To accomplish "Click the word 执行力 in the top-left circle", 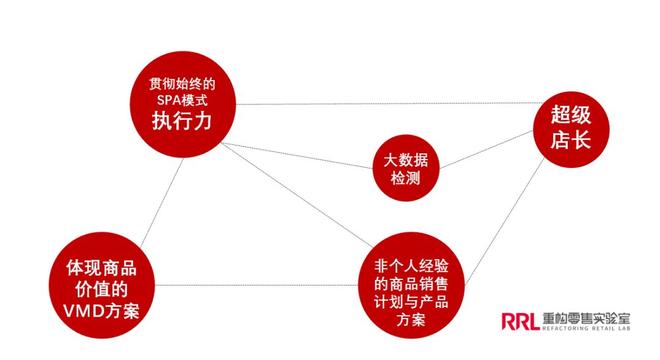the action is click(x=182, y=120).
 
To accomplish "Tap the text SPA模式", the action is click(x=182, y=100).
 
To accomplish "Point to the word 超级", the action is click(x=571, y=115).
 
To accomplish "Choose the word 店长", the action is click(x=571, y=141).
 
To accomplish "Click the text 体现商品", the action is click(x=101, y=268).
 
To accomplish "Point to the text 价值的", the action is click(x=101, y=289).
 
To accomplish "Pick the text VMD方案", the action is click(x=101, y=311).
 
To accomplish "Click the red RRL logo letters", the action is click(x=520, y=320).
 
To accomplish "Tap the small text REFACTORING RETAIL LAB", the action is click(x=585, y=329).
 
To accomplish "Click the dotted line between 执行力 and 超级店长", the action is click(x=385, y=103).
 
